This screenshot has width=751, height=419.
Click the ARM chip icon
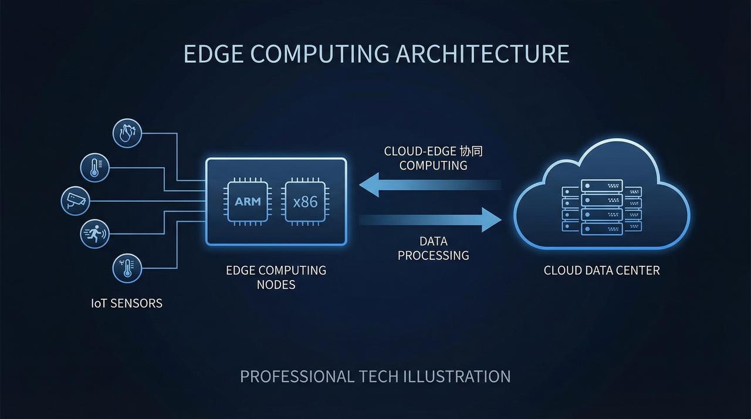pyautogui.click(x=248, y=202)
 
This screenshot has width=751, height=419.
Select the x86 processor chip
pyautogui.click(x=305, y=202)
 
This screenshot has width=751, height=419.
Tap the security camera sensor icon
pyautogui.click(x=76, y=201)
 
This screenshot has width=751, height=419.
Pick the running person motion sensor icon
pyautogui.click(x=95, y=234)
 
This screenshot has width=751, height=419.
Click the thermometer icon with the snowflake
pyautogui.click(x=127, y=268)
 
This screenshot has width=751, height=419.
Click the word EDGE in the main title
pyautogui.click(x=214, y=53)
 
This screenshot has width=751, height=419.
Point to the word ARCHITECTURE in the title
pyautogui.click(x=482, y=53)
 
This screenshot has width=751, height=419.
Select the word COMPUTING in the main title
pyautogui.click(x=320, y=53)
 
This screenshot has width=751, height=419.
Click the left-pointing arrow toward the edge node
pyautogui.click(x=430, y=185)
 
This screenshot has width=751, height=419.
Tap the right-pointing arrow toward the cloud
pyautogui.click(x=430, y=220)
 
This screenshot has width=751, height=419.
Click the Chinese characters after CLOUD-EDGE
pyautogui.click(x=471, y=151)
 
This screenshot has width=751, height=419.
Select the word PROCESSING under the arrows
pyautogui.click(x=433, y=255)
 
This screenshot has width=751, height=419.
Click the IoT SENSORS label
pyautogui.click(x=127, y=303)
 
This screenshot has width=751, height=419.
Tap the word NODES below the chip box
pyautogui.click(x=276, y=285)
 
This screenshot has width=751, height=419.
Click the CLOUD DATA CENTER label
pyautogui.click(x=602, y=270)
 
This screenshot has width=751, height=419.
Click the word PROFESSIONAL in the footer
pyautogui.click(x=297, y=376)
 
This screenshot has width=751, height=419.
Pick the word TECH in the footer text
pyautogui.click(x=378, y=376)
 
